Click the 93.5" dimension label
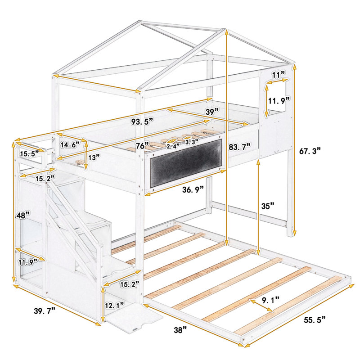[x=142, y=121]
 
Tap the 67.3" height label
[x=310, y=151]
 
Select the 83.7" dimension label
[x=239, y=147]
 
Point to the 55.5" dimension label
[x=315, y=319]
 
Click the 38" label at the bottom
[x=180, y=330]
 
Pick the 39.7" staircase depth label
[x=45, y=311]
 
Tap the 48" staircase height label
[x=23, y=215]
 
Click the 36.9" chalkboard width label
[x=193, y=189]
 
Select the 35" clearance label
[x=268, y=206]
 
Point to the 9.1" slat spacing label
[x=271, y=300]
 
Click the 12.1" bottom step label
[x=115, y=306]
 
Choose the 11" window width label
[x=279, y=75]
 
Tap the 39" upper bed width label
[x=212, y=112]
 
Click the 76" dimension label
[x=142, y=146]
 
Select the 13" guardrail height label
[x=94, y=157]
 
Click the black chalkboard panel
[x=186, y=163]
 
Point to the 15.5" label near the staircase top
[x=29, y=154]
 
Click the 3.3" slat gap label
[x=192, y=142]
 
